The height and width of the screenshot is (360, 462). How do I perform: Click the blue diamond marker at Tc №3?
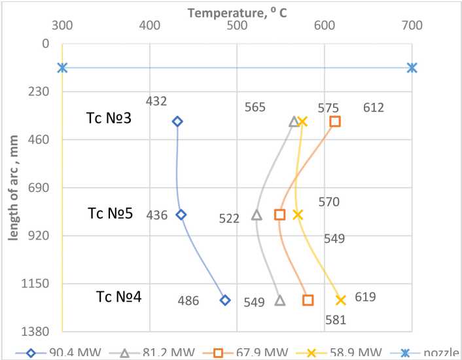(x=177, y=121)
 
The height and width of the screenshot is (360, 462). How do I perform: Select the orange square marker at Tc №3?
(x=335, y=121)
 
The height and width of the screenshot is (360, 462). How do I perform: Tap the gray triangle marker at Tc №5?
(x=257, y=215)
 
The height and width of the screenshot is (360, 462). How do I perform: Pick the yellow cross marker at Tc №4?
(x=341, y=300)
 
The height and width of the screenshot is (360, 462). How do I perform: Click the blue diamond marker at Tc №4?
(x=225, y=300)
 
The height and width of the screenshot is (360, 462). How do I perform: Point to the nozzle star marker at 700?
(x=412, y=67)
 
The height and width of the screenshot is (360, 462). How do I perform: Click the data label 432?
(x=157, y=101)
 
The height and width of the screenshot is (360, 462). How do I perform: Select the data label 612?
(x=373, y=108)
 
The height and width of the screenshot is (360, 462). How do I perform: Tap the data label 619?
(x=365, y=297)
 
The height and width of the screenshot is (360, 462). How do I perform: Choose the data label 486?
(x=188, y=301)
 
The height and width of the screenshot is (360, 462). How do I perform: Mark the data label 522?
(x=229, y=219)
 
